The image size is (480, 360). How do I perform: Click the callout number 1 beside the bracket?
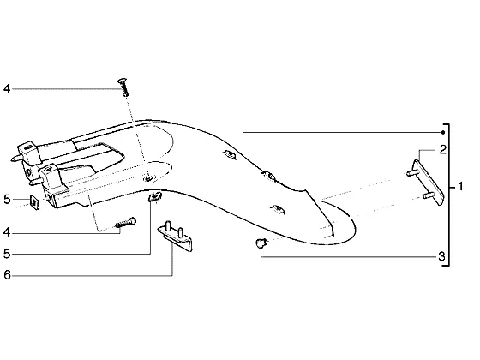(460, 187)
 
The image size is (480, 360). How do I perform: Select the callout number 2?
(442, 150)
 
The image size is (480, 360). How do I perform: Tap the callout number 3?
(441, 256)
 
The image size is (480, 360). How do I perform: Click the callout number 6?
(7, 275)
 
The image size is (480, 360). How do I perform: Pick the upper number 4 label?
(7, 89)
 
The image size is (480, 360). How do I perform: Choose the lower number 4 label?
(7, 233)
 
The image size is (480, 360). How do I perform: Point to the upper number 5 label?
(7, 200)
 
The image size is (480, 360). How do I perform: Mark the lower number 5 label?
(7, 254)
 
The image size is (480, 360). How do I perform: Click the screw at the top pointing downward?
(123, 87)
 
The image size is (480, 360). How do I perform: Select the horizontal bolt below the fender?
(126, 223)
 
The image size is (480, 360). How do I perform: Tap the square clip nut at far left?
(34, 202)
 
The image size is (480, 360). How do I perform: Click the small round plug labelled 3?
(261, 243)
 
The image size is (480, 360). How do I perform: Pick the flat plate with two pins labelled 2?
(426, 182)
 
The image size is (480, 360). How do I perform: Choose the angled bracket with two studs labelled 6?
(176, 236)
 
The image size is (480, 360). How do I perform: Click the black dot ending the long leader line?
(443, 133)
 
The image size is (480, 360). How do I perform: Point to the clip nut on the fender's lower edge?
(155, 196)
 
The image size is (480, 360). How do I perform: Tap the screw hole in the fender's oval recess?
(149, 178)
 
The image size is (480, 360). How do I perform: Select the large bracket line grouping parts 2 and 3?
(447, 195)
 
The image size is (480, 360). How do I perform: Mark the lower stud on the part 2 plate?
(428, 195)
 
